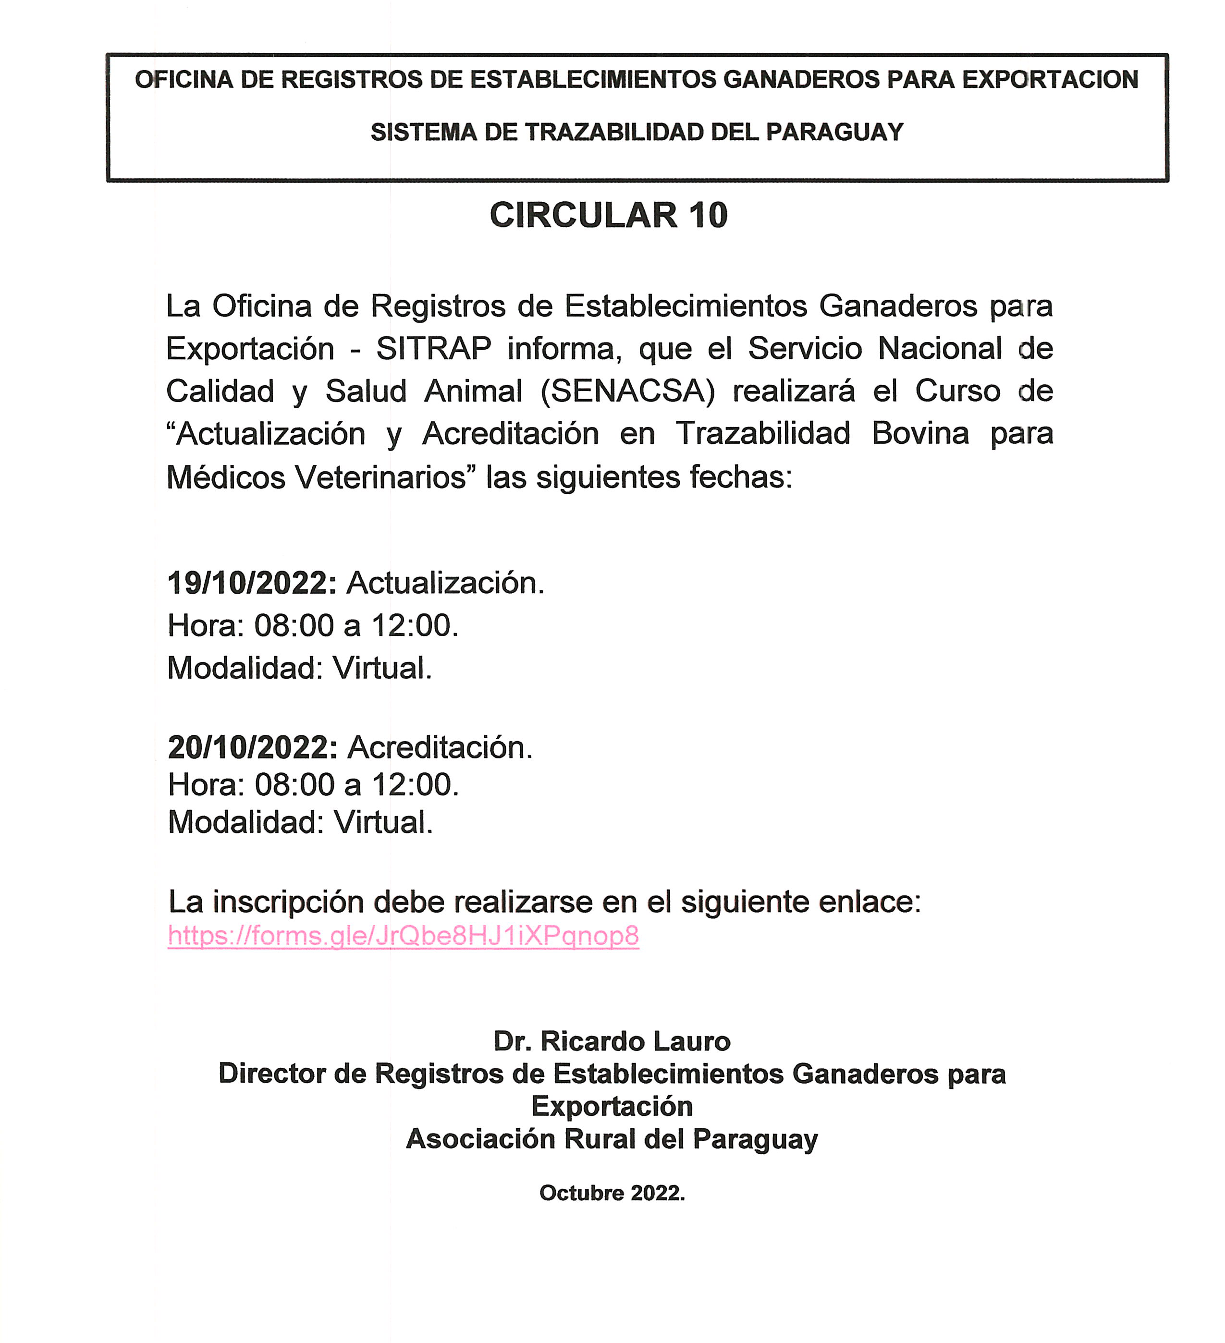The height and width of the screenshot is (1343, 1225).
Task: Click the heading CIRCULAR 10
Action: pos(608,215)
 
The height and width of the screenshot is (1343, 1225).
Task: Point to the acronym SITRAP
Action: pos(434,348)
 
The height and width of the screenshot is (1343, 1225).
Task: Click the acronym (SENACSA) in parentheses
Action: pos(627,391)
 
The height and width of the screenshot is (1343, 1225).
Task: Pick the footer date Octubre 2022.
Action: pos(612,1193)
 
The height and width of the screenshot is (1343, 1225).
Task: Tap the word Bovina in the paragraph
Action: pos(920,434)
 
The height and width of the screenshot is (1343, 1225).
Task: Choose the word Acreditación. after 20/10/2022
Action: pos(440,747)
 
